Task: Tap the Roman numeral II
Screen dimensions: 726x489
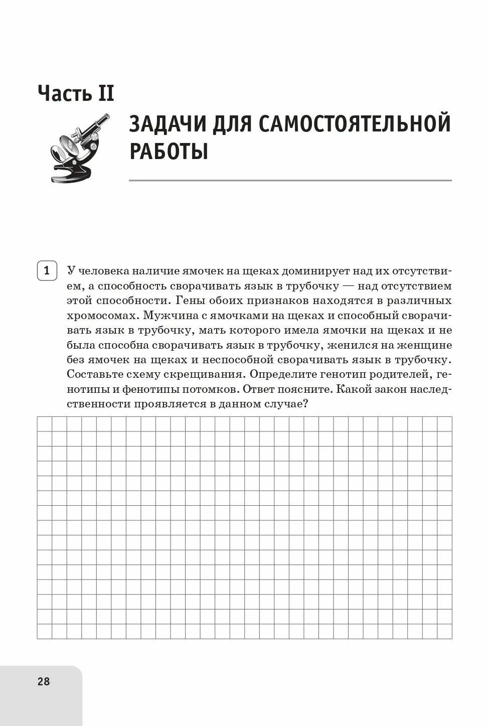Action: (106, 94)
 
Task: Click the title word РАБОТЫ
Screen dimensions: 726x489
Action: (169, 151)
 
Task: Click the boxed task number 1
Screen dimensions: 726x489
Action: (47, 271)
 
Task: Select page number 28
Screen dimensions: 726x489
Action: (44, 681)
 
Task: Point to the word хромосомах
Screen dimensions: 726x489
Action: (103, 316)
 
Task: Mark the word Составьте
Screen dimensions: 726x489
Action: (98, 375)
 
